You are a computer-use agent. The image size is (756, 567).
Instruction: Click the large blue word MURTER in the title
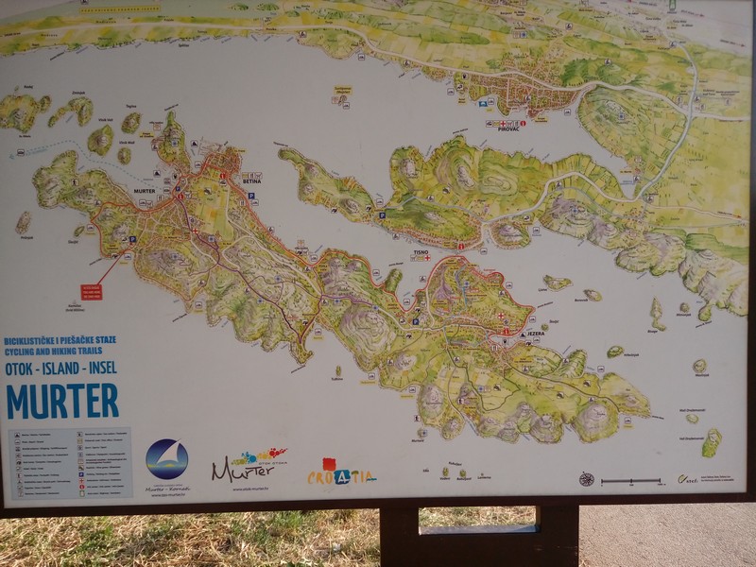pyautogui.click(x=62, y=400)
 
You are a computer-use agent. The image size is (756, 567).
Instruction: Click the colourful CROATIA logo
pyautogui.click(x=341, y=475)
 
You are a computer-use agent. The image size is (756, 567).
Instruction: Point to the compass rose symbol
pyautogui.click(x=587, y=479)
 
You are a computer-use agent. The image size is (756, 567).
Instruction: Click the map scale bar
pyautogui.click(x=631, y=481)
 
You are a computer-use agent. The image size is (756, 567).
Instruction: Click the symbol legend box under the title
pyautogui.click(x=70, y=462)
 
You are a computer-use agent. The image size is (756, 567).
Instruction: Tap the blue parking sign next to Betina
pyautogui.click(x=251, y=196)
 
